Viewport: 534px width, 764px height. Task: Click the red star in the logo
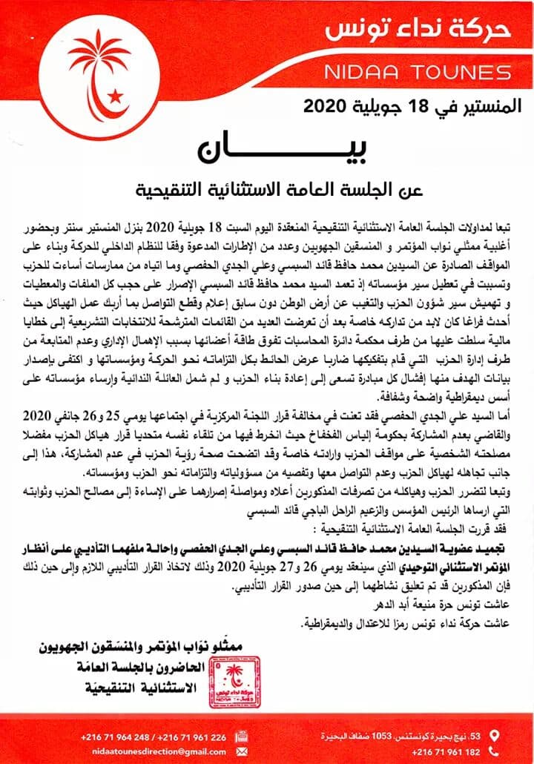[x=115, y=96]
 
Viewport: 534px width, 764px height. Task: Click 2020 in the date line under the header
[x=324, y=106]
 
